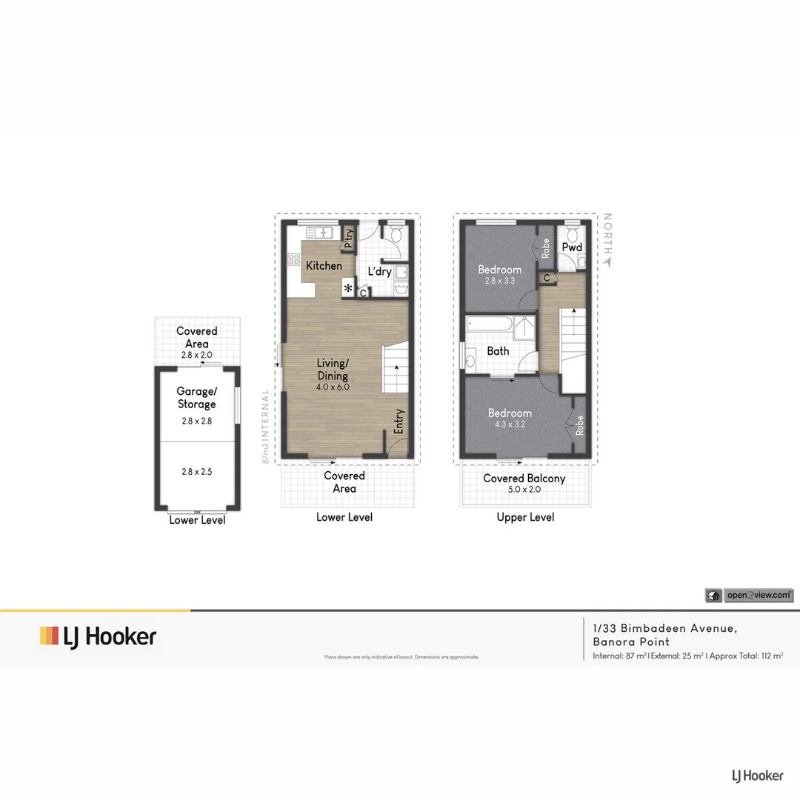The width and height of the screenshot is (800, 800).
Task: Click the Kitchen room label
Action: (x=324, y=265)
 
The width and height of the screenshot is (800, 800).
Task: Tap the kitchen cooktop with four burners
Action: (x=293, y=260)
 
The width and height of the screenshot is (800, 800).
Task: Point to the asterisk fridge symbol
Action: (x=347, y=287)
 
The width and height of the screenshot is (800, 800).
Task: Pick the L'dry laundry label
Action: (x=379, y=272)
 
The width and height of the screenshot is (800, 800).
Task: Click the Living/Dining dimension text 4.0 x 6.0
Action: (x=333, y=387)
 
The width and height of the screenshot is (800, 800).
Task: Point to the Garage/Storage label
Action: (x=196, y=398)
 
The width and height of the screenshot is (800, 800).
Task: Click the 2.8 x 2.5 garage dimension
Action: (x=196, y=470)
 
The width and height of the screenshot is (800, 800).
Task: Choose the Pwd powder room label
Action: (x=571, y=247)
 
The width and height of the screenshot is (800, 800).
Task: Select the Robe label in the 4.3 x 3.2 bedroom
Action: (x=579, y=424)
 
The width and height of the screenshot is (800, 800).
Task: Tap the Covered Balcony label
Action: (x=524, y=479)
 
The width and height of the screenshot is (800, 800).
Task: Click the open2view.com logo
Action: (x=749, y=595)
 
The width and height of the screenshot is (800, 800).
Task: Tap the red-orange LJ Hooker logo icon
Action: (x=49, y=636)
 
